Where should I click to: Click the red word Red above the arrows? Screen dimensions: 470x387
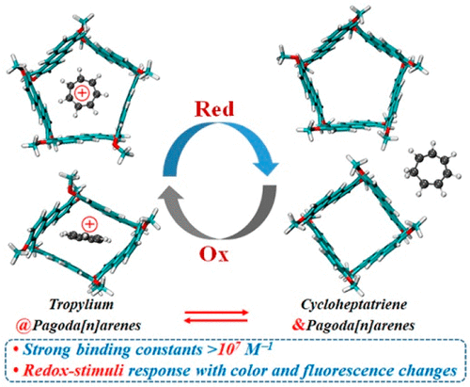click(214, 109)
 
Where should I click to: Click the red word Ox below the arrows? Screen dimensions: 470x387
click(214, 254)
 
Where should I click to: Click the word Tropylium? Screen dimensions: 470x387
click(82, 304)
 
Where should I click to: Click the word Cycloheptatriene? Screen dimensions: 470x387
click(354, 304)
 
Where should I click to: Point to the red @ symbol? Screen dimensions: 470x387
click(23, 326)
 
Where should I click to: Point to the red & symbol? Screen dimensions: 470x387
click(299, 325)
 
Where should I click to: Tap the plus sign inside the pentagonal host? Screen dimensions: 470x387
click(82, 93)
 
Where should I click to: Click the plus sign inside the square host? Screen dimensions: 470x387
click(89, 224)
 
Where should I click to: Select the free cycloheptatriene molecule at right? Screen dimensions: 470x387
click(433, 169)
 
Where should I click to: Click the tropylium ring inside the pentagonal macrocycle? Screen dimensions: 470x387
click(82, 93)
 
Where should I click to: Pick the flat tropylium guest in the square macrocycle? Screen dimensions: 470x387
click(86, 237)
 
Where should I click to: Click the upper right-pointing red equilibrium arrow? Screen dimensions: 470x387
click(216, 313)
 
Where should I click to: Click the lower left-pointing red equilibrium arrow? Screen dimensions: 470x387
click(216, 320)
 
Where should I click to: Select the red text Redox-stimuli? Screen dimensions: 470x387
click(73, 371)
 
